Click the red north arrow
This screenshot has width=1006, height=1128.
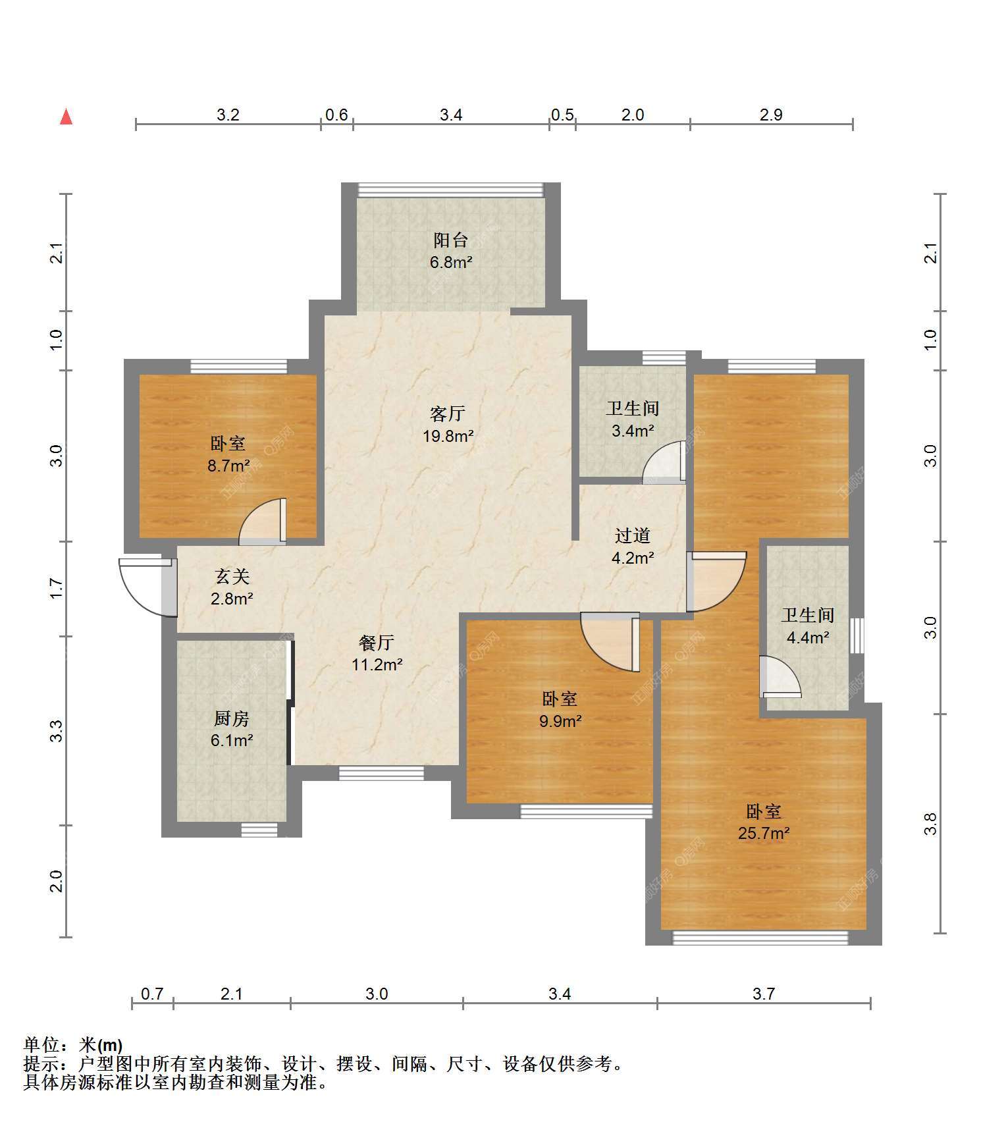(66, 117)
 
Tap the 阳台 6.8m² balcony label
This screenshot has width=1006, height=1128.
(451, 251)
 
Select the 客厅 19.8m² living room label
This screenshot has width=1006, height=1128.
(448, 424)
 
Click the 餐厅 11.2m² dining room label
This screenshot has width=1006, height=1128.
(377, 653)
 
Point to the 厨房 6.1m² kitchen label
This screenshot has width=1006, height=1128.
(232, 729)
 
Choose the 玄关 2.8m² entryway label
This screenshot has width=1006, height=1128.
(232, 587)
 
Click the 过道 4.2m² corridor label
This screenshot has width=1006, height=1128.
(633, 547)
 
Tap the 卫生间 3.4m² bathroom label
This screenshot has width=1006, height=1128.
(633, 419)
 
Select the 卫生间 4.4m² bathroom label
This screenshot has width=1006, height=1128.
(808, 626)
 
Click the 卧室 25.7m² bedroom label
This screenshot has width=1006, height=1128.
(764, 822)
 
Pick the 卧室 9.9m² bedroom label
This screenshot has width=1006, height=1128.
(560, 709)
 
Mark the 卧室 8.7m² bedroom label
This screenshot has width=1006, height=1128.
(228, 454)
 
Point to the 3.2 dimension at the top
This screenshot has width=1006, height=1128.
(228, 115)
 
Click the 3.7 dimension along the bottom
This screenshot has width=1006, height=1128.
(764, 993)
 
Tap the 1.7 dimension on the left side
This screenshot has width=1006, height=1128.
(57, 588)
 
